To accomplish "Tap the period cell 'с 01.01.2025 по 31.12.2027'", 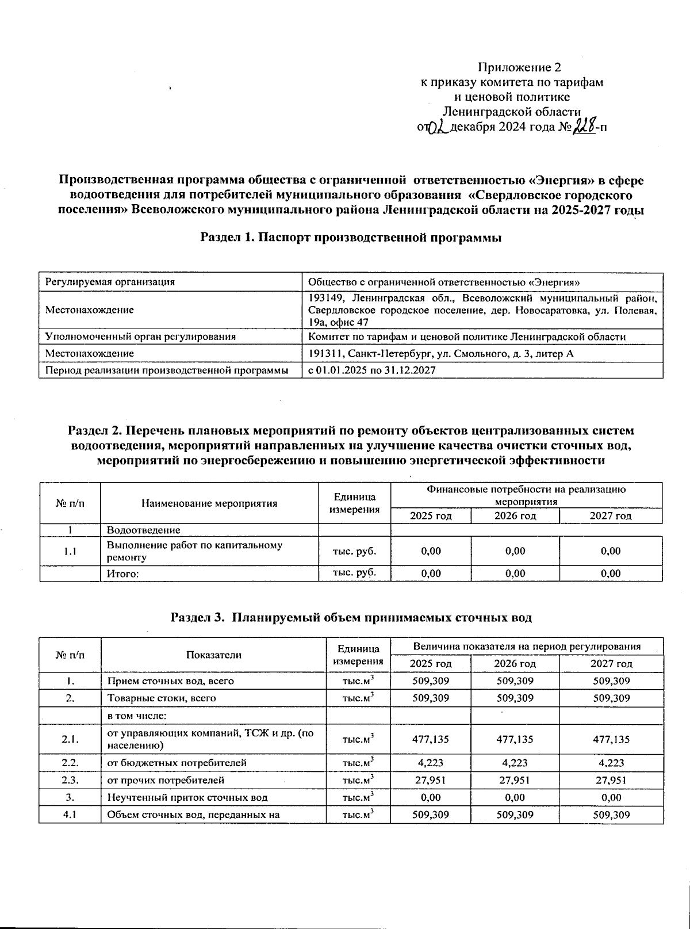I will coord(372,370).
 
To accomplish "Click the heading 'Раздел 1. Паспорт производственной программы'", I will coord(351,238).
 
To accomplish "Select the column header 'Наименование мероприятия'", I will coord(209,503).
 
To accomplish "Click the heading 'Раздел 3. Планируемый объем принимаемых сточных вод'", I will coord(351,618).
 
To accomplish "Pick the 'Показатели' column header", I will coord(214,655).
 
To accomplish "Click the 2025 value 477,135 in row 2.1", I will coord(431,739).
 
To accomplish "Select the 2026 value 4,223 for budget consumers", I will coord(515,763).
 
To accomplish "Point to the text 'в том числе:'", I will coord(137,716).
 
